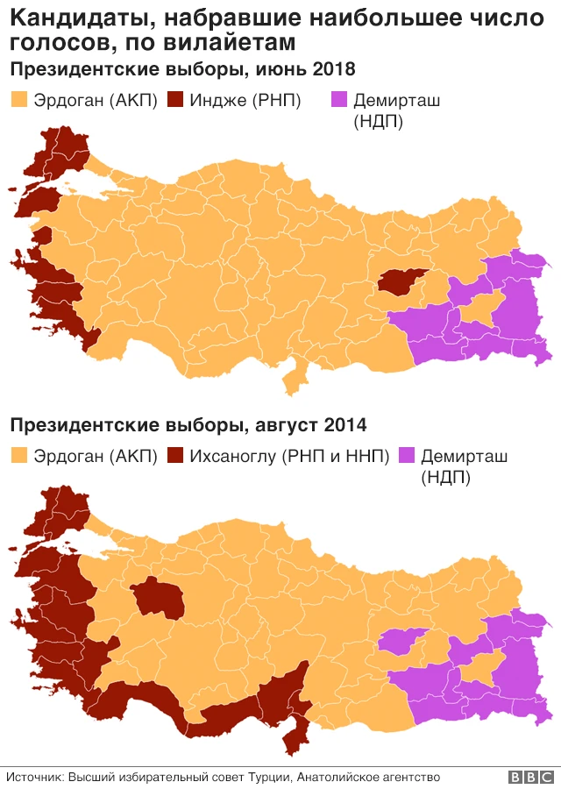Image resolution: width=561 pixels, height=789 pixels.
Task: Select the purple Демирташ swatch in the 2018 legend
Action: point(337,101)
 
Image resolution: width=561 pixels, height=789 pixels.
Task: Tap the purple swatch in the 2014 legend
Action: point(407,456)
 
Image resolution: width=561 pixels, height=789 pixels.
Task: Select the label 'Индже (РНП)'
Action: point(245,101)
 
